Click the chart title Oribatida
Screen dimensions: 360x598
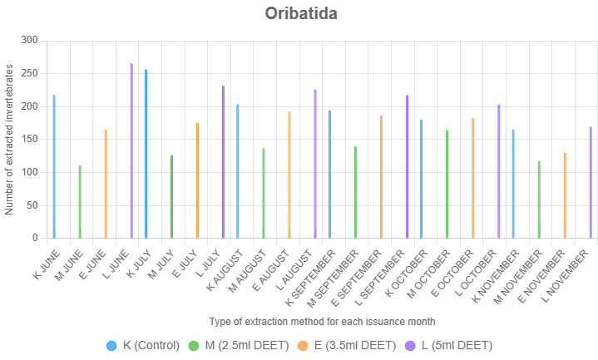(x=300, y=13)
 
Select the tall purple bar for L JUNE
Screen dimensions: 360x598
(x=131, y=150)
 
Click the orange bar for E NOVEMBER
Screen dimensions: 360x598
(x=565, y=195)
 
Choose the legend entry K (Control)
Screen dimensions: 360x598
(x=142, y=345)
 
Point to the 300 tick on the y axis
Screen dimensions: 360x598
(x=30, y=40)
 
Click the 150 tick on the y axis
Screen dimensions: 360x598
(x=30, y=139)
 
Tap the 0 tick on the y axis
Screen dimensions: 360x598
(x=35, y=238)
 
